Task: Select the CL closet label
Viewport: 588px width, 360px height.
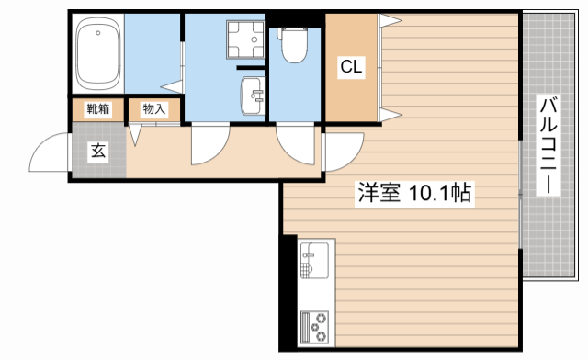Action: pos(350,66)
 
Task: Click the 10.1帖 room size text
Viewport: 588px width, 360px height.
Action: pos(440,194)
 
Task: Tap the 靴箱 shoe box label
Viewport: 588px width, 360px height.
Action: pos(97,109)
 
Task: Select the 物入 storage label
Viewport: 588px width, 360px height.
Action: pos(153,109)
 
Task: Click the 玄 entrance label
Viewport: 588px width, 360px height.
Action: pos(97,152)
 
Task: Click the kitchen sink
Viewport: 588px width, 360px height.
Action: pos(312,262)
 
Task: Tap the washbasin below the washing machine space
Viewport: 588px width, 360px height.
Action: pos(252,95)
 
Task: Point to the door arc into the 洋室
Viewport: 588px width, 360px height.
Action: pos(342,152)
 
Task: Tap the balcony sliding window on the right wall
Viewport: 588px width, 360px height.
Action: pos(521,193)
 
